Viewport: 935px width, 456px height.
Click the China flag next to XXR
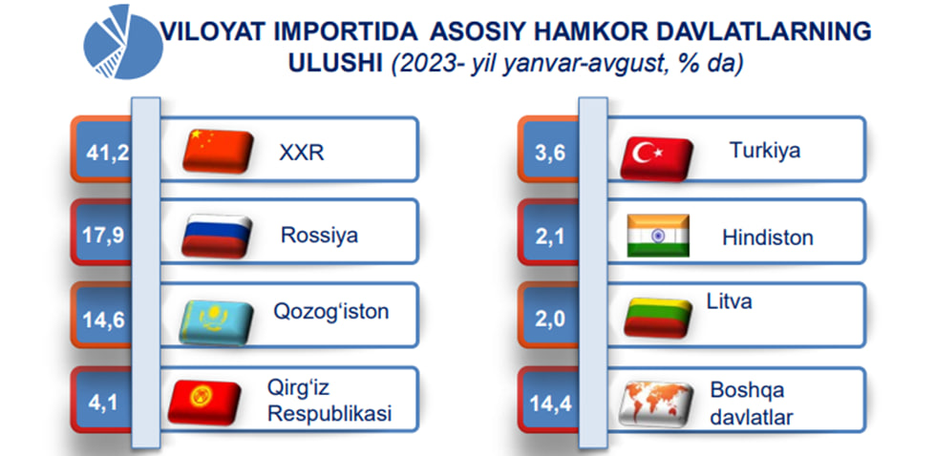(x=218, y=152)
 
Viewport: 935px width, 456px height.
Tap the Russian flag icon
(x=217, y=236)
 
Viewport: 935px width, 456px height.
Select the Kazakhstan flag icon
(x=215, y=322)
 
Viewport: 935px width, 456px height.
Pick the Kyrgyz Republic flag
(x=204, y=403)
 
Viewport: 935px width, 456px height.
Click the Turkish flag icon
(x=656, y=158)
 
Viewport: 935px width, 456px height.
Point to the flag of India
(x=658, y=236)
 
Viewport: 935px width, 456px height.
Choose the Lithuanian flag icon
(x=658, y=318)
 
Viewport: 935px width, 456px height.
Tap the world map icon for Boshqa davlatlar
(x=656, y=404)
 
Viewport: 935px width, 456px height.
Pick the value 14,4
(x=550, y=404)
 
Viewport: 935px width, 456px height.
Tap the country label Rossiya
(x=319, y=236)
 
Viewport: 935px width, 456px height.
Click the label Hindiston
(x=768, y=238)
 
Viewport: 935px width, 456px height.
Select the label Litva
(x=729, y=301)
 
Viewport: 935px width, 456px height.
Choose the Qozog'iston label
(x=331, y=311)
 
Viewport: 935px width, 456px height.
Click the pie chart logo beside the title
(x=123, y=42)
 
